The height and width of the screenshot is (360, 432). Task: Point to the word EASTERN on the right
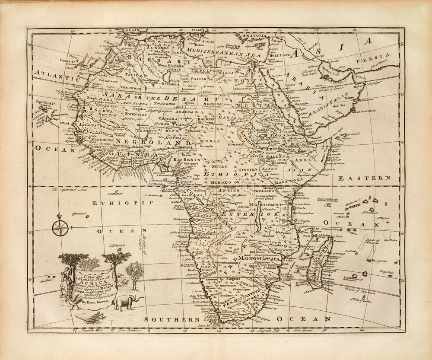coord(364,178)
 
